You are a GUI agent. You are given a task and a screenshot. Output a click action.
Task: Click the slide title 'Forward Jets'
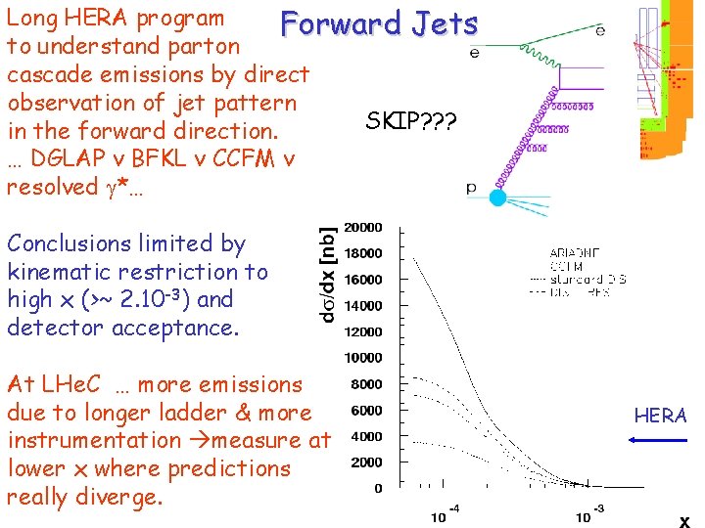pyautogui.click(x=379, y=24)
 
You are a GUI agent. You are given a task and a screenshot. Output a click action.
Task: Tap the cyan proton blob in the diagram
pyautogui.click(x=497, y=198)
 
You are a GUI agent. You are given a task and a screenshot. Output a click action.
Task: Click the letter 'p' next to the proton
pyautogui.click(x=471, y=189)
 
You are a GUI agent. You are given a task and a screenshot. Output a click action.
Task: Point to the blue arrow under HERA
pyautogui.click(x=657, y=441)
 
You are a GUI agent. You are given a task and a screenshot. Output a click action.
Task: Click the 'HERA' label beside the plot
pyautogui.click(x=660, y=416)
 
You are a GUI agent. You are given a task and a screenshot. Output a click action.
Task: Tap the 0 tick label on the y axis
pyautogui.click(x=378, y=488)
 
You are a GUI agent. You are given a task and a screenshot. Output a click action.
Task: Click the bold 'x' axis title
pyautogui.click(x=685, y=521)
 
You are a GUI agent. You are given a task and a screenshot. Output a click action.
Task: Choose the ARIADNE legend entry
pyautogui.click(x=572, y=251)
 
